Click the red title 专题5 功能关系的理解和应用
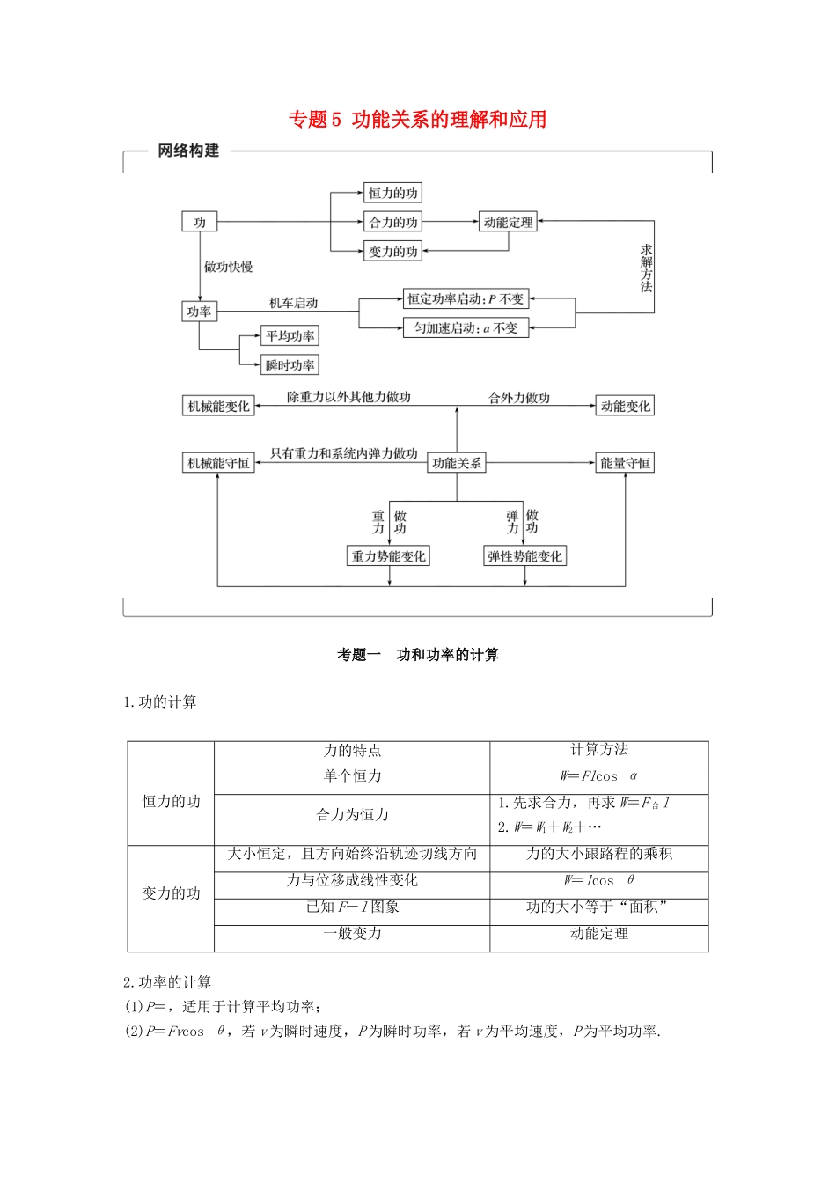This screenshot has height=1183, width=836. [418, 120]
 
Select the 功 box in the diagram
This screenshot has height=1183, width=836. [200, 222]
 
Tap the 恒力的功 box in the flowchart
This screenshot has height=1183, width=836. [392, 193]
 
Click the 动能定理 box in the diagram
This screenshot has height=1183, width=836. [508, 222]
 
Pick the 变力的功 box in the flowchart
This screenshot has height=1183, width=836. [392, 251]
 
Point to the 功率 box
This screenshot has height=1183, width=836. [199, 311]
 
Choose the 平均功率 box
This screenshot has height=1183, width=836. [290, 335]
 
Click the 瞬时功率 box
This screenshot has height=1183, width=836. [290, 364]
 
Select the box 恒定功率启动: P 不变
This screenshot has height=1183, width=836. [466, 298]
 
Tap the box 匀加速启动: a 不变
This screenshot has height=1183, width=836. [466, 327]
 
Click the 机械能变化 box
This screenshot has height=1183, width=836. [218, 406]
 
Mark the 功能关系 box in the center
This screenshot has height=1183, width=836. [457, 463]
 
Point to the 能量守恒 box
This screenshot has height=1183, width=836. [626, 463]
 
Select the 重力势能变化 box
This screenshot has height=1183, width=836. [388, 555]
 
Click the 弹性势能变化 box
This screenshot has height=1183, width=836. [524, 555]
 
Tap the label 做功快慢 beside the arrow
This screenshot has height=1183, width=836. [229, 267]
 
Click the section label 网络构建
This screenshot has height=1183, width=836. [188, 151]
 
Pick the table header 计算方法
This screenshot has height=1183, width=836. [599, 750]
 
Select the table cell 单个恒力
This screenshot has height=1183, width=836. [352, 776]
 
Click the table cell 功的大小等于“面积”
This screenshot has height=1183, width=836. [598, 907]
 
